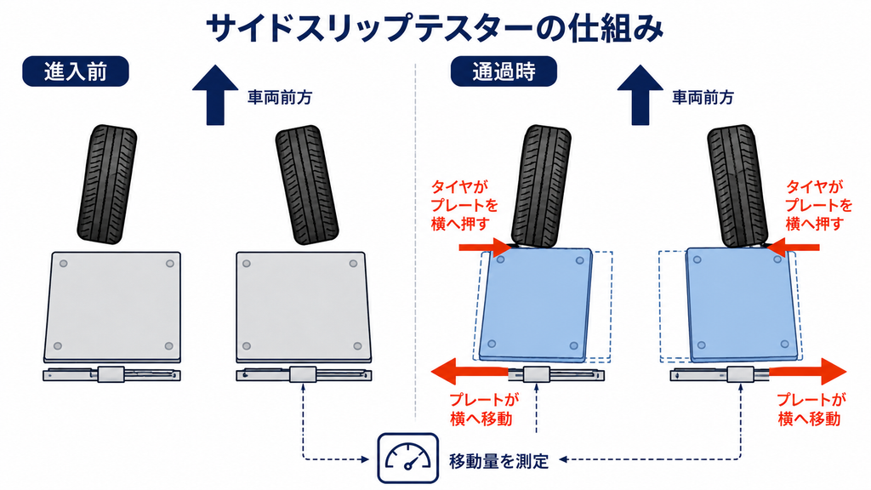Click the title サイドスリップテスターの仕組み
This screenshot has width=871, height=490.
tap(435, 28)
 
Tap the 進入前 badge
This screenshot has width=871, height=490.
tap(76, 71)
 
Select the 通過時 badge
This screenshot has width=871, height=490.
tap(504, 71)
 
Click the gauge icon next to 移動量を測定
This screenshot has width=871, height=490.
tap(407, 459)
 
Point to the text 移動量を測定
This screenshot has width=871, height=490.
tap(498, 460)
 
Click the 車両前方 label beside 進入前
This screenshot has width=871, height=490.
tap(279, 98)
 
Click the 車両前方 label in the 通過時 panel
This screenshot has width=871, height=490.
tap(703, 98)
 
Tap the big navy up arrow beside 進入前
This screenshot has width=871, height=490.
tap(215, 95)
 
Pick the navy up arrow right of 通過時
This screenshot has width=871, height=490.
tap(640, 95)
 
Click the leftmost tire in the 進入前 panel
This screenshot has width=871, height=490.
tap(107, 184)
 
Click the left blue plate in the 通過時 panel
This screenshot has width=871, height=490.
tap(536, 305)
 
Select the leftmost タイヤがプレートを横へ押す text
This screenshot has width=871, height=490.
tap(465, 205)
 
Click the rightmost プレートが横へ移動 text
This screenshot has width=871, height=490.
tap(811, 409)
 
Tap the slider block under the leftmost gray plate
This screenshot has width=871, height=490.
tap(111, 374)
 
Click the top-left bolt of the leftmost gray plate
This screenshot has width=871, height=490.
tap(63, 264)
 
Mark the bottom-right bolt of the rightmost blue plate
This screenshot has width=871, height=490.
tap(784, 345)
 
